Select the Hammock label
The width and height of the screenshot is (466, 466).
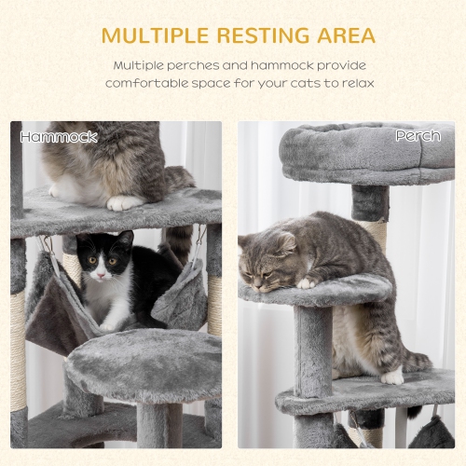click(x=59, y=137)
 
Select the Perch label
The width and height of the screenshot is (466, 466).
click(x=418, y=137)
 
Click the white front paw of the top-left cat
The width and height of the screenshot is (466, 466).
click(x=125, y=202)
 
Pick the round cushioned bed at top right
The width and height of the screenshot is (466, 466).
click(x=368, y=154)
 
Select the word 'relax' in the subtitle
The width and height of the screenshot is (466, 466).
click(x=356, y=83)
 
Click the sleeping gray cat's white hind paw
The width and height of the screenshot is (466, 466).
click(x=391, y=376)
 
